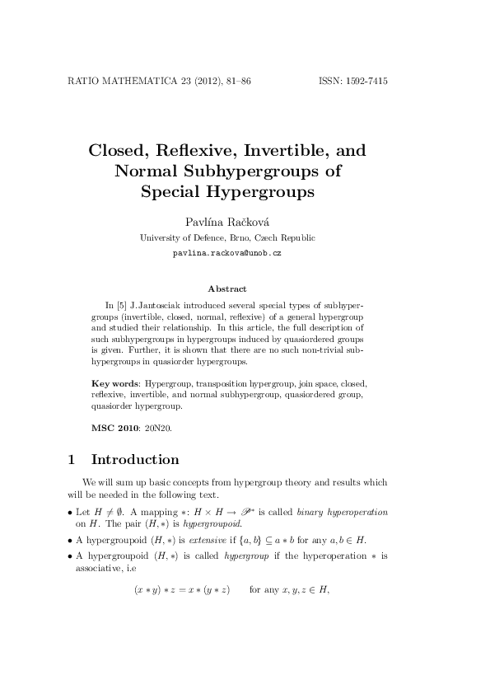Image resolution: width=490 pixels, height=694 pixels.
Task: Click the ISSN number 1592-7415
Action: (x=362, y=82)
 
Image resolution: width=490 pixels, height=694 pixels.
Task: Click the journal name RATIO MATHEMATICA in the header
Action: (x=116, y=82)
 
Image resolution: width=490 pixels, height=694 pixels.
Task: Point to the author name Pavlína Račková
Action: (x=226, y=221)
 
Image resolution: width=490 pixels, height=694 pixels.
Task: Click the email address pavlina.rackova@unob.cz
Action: (x=226, y=252)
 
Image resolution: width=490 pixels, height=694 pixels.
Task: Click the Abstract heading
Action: (x=226, y=288)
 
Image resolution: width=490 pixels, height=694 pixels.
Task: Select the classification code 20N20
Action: (x=159, y=428)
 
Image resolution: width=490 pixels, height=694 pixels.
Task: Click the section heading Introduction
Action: (x=135, y=459)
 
